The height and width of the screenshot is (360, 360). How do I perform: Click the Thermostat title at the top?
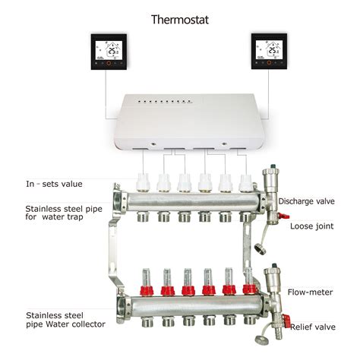tap(181, 18)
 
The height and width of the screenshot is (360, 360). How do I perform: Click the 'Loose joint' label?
tap(312, 225)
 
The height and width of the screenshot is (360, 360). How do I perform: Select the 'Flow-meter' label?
tap(310, 292)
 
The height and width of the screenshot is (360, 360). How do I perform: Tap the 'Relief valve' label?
tap(312, 326)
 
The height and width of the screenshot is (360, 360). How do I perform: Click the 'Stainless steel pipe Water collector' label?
tap(65, 319)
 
